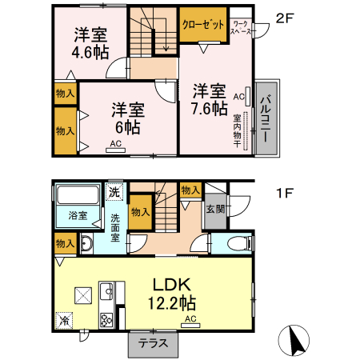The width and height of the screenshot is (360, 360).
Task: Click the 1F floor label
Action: pyautogui.click(x=286, y=193)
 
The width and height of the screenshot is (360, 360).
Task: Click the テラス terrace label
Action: pyautogui.click(x=153, y=344)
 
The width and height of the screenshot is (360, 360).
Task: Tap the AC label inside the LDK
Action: pyautogui.click(x=190, y=318)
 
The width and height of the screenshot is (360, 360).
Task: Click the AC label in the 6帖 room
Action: pyautogui.click(x=115, y=143)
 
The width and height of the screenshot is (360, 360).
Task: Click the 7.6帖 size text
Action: pyautogui.click(x=209, y=110)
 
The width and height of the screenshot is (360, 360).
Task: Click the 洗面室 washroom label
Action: pyautogui.click(x=116, y=227)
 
